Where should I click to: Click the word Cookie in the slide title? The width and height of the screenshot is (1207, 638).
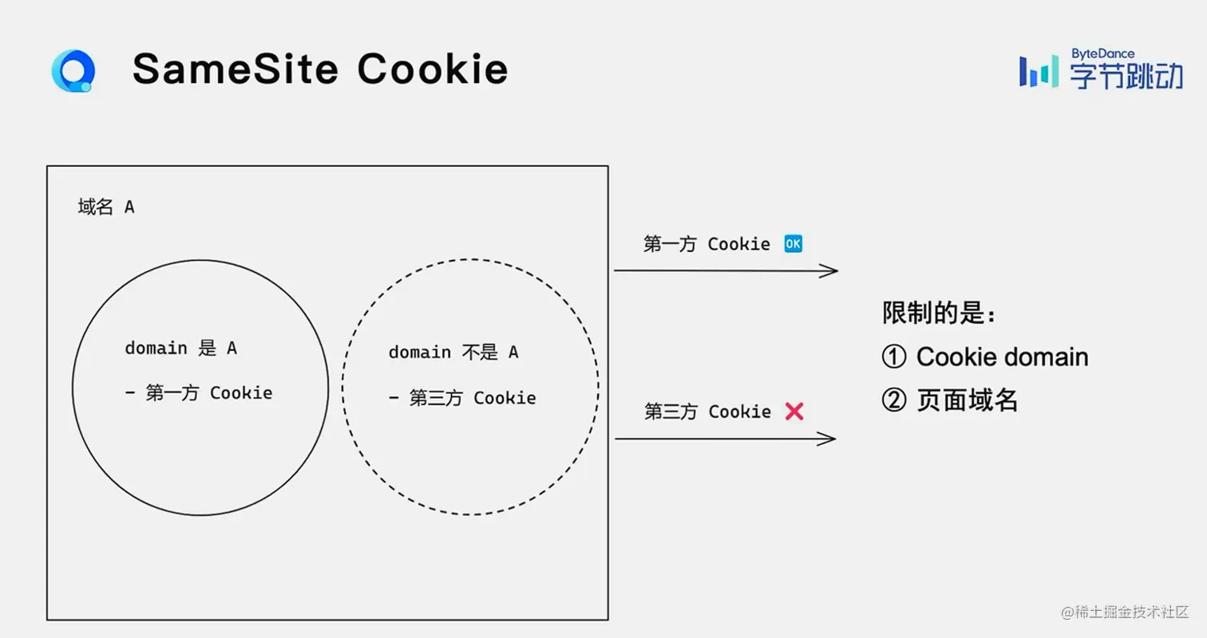(x=432, y=69)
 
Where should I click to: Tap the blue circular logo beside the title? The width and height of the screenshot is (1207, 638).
(x=73, y=71)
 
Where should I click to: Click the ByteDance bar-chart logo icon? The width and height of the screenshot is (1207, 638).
(x=1039, y=72)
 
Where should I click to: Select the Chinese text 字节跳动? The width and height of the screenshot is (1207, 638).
(x=1126, y=77)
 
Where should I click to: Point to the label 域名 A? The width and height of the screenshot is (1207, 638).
(x=106, y=207)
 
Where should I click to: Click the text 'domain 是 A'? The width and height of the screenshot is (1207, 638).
(x=180, y=349)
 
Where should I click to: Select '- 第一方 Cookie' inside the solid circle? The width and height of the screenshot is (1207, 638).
(x=199, y=393)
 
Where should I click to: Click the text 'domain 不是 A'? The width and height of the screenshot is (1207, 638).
(x=453, y=352)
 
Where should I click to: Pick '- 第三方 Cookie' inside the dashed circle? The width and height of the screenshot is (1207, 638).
(x=462, y=398)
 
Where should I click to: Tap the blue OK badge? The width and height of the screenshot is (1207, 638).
(x=793, y=244)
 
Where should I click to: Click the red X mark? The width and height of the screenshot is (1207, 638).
(x=794, y=412)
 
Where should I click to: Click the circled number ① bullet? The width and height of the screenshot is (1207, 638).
(x=894, y=356)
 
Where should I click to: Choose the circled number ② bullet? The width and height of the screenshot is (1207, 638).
(x=894, y=400)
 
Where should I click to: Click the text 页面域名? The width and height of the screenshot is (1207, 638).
(x=968, y=400)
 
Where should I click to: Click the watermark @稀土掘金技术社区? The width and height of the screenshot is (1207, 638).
(x=1125, y=612)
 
